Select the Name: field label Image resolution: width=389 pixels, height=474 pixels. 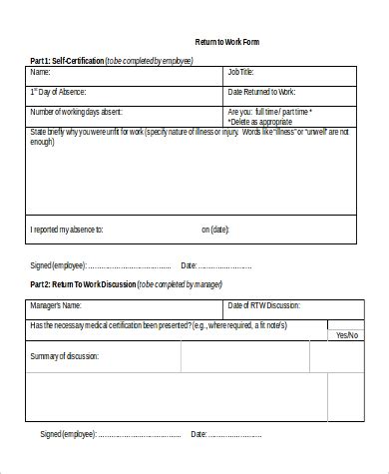pyautogui.click(x=40, y=72)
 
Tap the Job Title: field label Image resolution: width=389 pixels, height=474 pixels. pyautogui.click(x=242, y=72)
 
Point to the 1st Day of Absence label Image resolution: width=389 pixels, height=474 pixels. pyautogui.click(x=59, y=92)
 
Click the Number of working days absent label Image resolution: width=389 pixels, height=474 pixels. pyautogui.click(x=76, y=111)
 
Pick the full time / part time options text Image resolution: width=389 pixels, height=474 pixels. pyautogui.click(x=268, y=111)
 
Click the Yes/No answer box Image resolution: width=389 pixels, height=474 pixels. pyautogui.click(x=345, y=335)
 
